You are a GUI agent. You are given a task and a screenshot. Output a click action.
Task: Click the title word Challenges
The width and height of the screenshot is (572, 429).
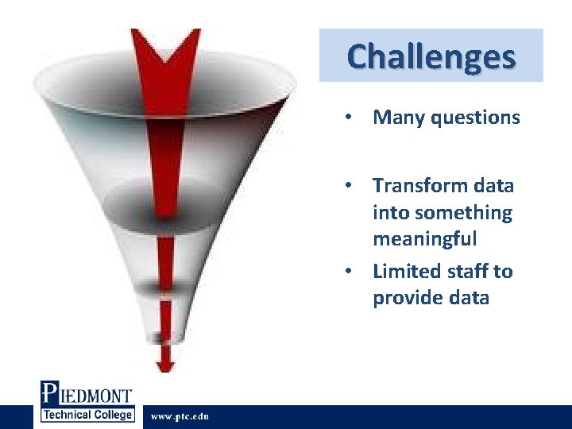click(431, 56)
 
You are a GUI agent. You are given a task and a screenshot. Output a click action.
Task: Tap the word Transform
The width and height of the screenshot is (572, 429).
click(422, 186)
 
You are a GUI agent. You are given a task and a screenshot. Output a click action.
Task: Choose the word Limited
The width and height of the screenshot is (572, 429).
click(404, 272)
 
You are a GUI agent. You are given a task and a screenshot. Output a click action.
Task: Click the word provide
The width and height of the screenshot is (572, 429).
click(408, 299)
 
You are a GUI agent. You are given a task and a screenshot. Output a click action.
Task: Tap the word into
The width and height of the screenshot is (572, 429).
click(388, 213)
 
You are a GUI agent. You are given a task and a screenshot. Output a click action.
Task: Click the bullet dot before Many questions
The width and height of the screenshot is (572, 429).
click(348, 118)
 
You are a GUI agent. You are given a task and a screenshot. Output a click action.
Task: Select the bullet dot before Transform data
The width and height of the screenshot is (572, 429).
click(348, 187)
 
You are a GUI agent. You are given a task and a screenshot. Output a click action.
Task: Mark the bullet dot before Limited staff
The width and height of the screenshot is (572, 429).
click(348, 272)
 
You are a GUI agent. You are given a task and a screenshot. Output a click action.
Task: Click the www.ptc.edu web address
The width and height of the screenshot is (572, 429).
click(180, 417)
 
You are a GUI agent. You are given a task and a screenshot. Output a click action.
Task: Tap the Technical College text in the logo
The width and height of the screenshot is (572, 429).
click(87, 415)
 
